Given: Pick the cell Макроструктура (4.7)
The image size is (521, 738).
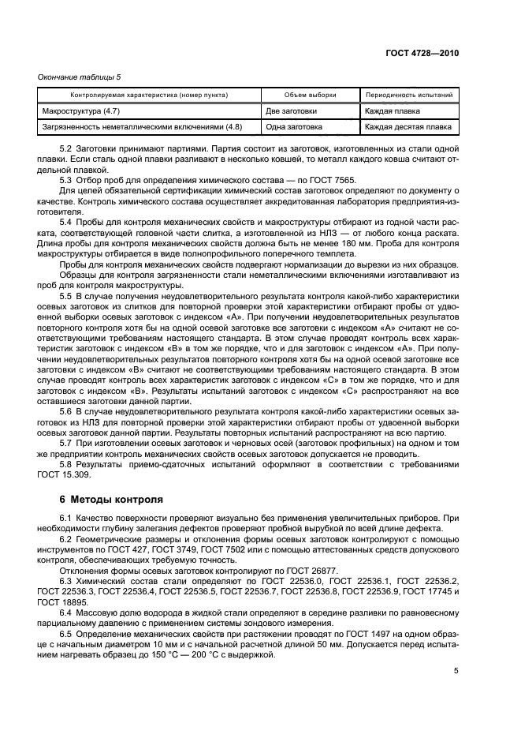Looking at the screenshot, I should (82, 111).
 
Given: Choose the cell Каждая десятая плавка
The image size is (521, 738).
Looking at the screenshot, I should (408, 126).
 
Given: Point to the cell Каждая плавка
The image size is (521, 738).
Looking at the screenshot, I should (393, 111).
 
